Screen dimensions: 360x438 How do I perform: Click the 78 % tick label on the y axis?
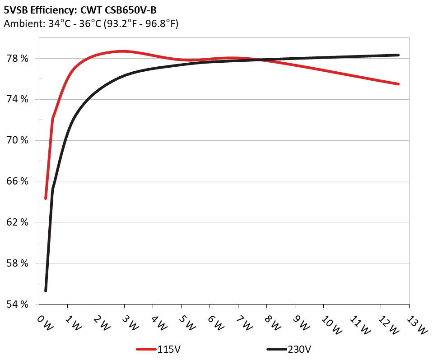click(x=18, y=59)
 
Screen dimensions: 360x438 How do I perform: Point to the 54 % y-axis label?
click(x=18, y=305)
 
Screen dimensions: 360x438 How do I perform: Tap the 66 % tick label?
click(x=18, y=181)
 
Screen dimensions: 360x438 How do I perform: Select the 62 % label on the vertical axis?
click(x=18, y=222)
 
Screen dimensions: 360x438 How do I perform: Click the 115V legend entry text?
click(x=170, y=349)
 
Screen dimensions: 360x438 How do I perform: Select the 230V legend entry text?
click(x=300, y=349)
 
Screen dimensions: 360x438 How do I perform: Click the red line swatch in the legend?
click(x=146, y=349)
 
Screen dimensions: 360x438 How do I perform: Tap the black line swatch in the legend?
click(x=276, y=349)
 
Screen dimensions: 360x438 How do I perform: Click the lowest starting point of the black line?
click(x=46, y=291)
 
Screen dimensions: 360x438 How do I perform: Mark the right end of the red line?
click(x=398, y=84)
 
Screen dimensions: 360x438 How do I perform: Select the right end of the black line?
click(x=398, y=55)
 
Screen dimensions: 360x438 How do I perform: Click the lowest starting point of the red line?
click(x=46, y=198)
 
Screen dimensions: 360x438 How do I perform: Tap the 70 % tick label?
click(x=18, y=140)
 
